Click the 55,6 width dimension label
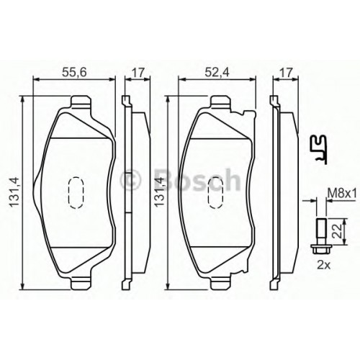coord(74,73)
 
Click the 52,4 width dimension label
coord(217,73)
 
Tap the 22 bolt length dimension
coord(338,231)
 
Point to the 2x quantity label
coord(324,265)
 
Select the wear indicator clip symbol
coord(319,149)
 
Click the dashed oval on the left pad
coord(76,192)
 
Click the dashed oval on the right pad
coord(216,192)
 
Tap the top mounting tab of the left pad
coord(81,102)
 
